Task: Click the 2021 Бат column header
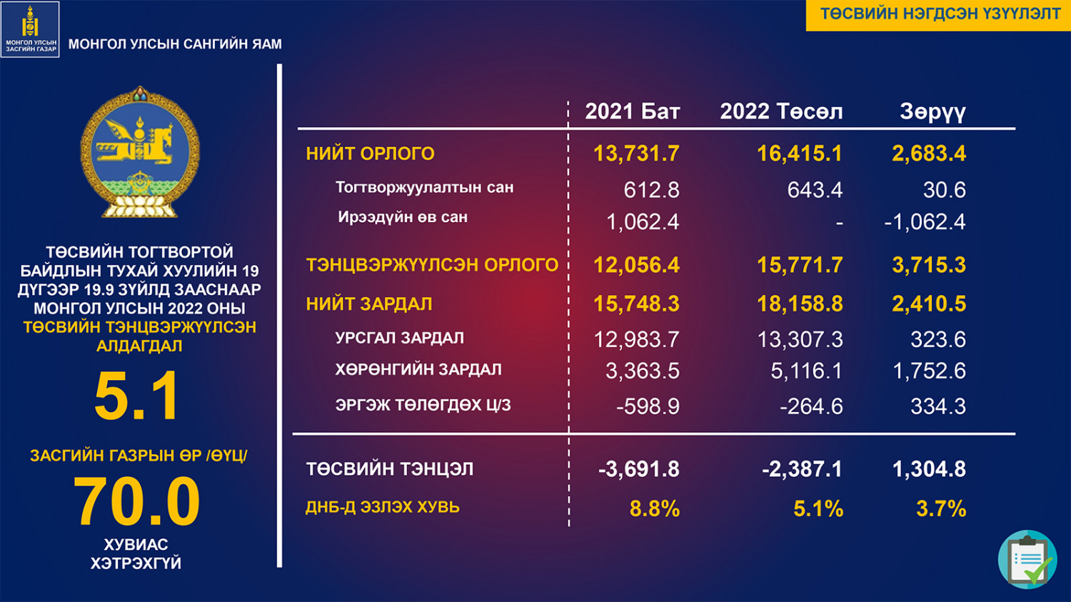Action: coord(632,111)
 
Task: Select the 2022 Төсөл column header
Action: coord(781,111)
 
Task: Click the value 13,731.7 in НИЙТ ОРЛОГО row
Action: coord(636,154)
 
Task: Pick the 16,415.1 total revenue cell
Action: coord(800,154)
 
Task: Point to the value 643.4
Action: coord(815,190)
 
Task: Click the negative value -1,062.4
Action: coord(925,222)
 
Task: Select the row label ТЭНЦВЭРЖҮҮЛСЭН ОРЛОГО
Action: coord(432,265)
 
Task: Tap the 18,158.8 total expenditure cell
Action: coord(800,304)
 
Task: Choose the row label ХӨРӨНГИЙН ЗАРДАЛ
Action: coord(418,370)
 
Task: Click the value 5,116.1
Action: coord(806,371)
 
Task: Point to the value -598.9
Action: coord(648,406)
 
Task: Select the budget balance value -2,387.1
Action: coord(802,469)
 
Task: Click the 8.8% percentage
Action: coord(655,508)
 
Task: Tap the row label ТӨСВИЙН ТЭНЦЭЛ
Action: coord(390,469)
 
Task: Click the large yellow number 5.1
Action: coord(136,396)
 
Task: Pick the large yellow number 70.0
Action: coord(136,501)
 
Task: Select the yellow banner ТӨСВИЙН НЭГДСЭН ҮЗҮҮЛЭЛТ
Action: coord(938,14)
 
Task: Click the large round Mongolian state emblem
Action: coord(140,152)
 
